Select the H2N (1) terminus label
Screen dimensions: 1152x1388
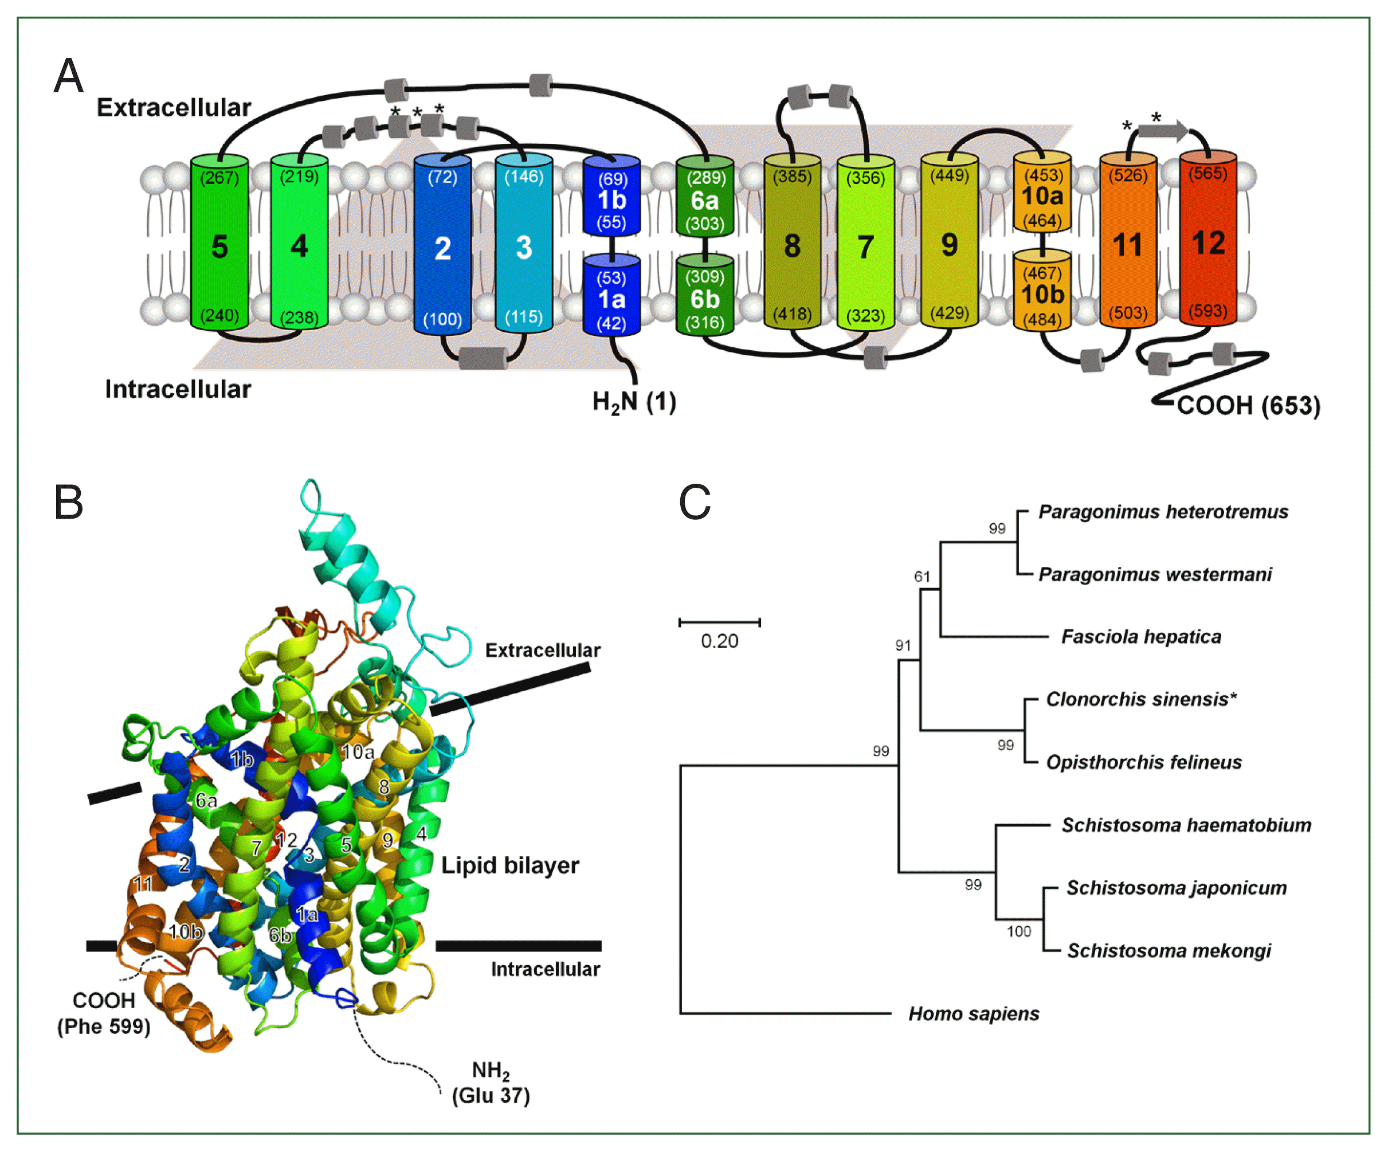coord(634,401)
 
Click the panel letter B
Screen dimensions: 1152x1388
coord(68,502)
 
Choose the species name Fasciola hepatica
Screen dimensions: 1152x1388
coord(1141,637)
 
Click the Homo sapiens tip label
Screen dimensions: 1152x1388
coord(974,1014)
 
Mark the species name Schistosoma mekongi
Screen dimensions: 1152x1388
coord(1169,950)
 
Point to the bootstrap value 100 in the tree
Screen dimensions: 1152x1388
coord(1018,931)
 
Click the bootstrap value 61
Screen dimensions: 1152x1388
coord(922,577)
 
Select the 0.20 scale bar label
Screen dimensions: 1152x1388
coord(719,641)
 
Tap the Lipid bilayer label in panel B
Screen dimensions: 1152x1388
coord(509,865)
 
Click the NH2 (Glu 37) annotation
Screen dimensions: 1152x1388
coord(491,1083)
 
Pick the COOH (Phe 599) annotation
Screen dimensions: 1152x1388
coord(104,1013)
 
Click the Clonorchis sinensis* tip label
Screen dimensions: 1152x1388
coord(1141,699)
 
